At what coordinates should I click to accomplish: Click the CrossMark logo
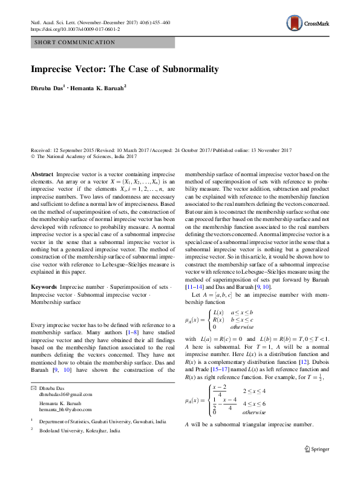(x=308, y=24)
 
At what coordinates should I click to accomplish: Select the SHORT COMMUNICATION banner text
(x=76, y=42)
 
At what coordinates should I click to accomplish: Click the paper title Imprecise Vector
(x=125, y=69)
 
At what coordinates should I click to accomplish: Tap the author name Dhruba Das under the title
(x=47, y=88)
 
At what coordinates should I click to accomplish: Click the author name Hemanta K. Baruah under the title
(x=100, y=88)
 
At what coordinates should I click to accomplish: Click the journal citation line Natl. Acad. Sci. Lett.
(x=100, y=22)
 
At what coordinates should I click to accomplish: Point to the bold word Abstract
(x=42, y=174)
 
